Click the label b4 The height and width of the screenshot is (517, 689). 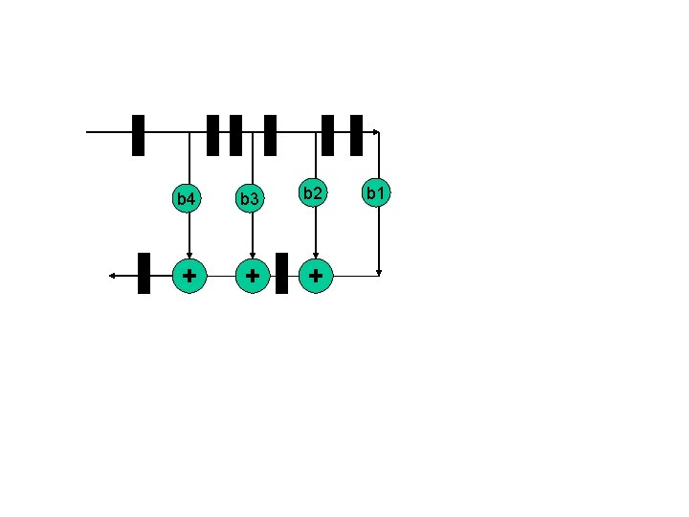pos(187,199)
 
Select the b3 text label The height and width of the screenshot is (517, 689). pos(250,199)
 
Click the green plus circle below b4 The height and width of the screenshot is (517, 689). pos(189,276)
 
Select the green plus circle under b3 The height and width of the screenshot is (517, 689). pos(252,276)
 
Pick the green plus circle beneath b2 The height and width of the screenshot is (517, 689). pos(316,276)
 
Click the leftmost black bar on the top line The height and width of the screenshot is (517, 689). pos(138,135)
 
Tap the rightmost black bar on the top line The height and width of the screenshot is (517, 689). pos(356,135)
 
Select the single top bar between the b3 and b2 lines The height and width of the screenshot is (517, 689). pos(270,135)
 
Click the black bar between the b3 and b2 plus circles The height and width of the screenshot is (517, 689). pos(281,273)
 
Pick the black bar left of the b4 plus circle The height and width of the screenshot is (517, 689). pos(144,273)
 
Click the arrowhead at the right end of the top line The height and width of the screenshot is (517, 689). pos(377,131)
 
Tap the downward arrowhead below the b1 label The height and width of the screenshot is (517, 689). pos(380,272)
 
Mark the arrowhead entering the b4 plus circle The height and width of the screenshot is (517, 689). pos(189,255)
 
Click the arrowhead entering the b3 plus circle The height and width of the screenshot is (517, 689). pos(252,255)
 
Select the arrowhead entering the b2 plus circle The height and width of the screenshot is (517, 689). pos(316,255)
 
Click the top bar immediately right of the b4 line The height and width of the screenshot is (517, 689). pos(212,135)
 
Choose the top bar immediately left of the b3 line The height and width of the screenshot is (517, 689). pos(235,135)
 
